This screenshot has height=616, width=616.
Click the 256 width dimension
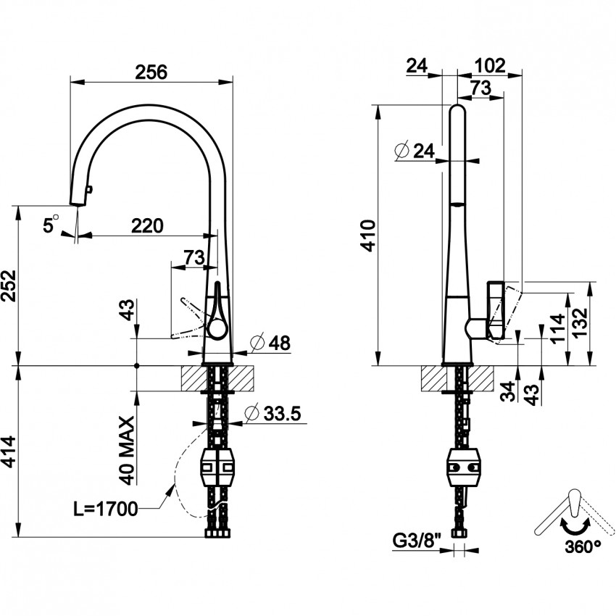pyautogui.click(x=151, y=72)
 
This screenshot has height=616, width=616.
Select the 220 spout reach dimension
pyautogui.click(x=146, y=225)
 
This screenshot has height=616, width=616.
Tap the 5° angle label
pyautogui.click(x=49, y=225)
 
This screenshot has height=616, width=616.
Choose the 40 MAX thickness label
pyautogui.click(x=128, y=450)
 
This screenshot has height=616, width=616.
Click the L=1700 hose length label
pyautogui.click(x=106, y=509)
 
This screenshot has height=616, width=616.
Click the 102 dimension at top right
pyautogui.click(x=489, y=65)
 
